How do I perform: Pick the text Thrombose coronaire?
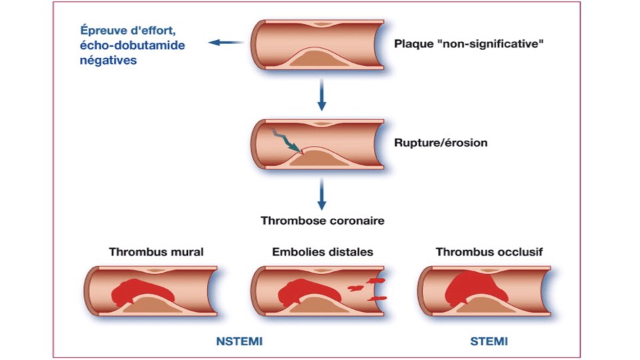tap(323, 221)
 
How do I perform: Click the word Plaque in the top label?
tap(412, 45)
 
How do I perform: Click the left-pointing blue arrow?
tap(225, 43)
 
